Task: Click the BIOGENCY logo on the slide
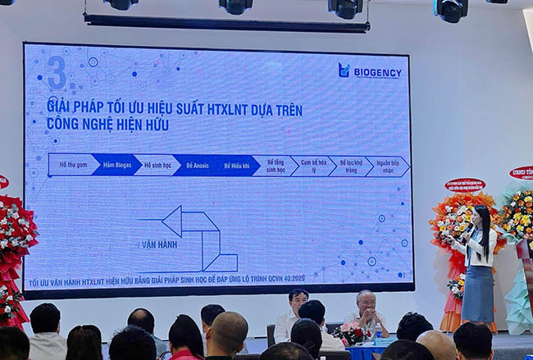pos(370,71)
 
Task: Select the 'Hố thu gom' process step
pos(72,165)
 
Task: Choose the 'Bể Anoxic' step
pos(198,165)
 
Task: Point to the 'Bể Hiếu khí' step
pos(236,165)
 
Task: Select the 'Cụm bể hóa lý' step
pos(312,166)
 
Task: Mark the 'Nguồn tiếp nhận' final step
pos(387,166)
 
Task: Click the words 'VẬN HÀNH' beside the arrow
pos(159,244)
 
